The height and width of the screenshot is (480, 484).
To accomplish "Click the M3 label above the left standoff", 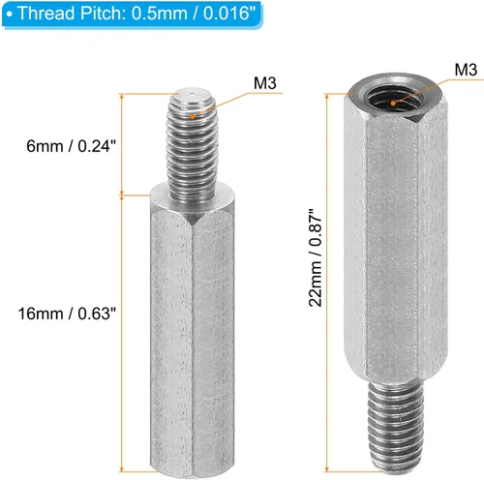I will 265,84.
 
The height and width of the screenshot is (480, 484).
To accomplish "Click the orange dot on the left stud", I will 196,115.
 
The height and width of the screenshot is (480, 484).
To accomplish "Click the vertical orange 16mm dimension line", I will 123,329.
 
